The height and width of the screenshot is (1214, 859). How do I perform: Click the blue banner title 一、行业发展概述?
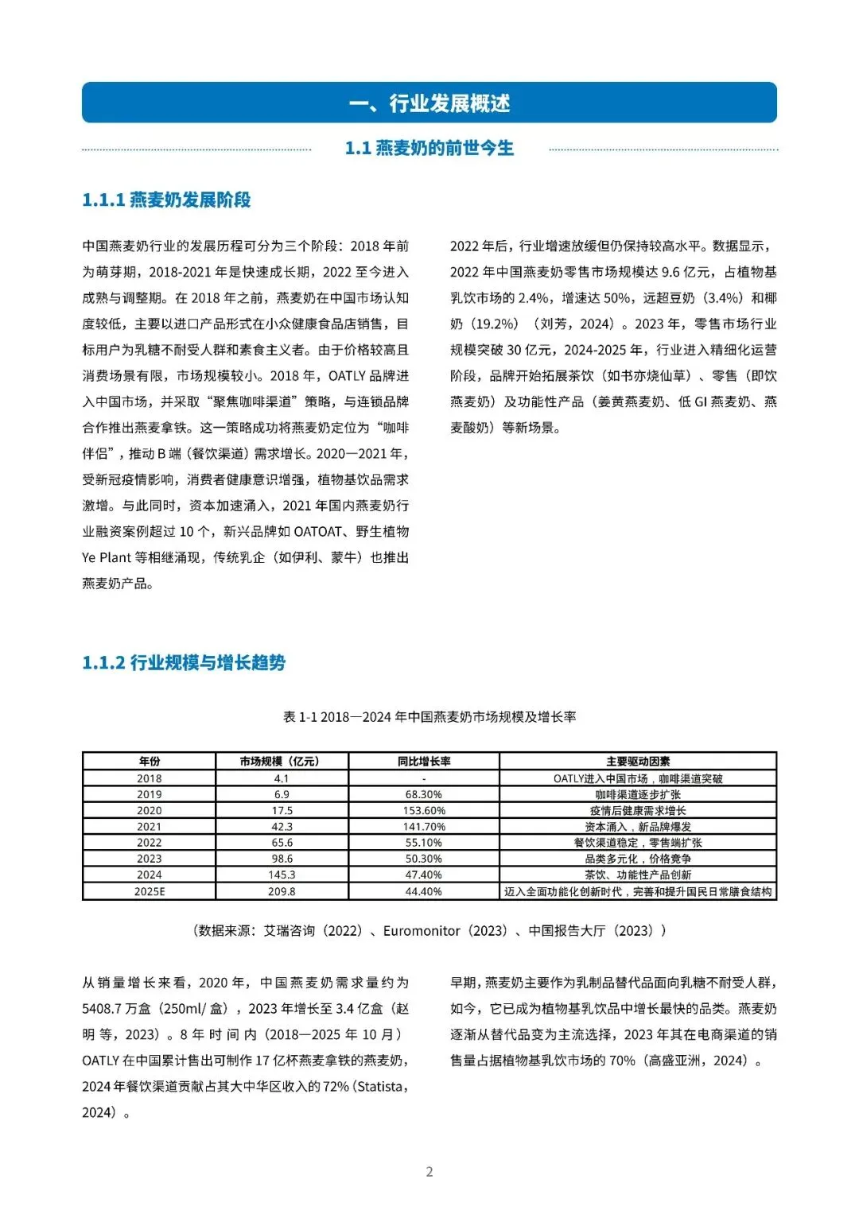(429, 103)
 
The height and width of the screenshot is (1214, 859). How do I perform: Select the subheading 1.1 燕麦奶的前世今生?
(429, 148)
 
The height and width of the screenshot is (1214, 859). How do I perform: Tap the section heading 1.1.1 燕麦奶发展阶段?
(166, 200)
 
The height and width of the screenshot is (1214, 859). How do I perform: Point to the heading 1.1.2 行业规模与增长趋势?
(184, 662)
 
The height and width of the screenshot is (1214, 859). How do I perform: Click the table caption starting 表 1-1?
(429, 716)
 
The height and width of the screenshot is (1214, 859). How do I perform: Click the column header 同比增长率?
(423, 761)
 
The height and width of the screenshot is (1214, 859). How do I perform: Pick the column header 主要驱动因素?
(637, 761)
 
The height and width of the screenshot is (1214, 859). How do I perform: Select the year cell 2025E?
(149, 891)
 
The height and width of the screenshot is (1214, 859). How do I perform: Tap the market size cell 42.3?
(282, 827)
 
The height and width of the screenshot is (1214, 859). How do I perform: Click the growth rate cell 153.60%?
(423, 810)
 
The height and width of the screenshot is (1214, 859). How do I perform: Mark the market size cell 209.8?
(282, 891)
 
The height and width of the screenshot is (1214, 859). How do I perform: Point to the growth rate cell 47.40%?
(423, 875)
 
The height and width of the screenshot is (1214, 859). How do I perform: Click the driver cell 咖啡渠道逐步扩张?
(637, 794)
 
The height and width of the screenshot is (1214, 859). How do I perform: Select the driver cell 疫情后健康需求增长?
(637, 810)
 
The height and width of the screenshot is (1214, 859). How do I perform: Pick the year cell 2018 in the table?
(149, 778)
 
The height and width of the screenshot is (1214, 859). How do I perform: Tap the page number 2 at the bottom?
(429, 1171)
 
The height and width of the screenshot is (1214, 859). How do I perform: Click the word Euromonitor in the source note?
(422, 930)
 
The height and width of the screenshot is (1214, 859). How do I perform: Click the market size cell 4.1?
(282, 778)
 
